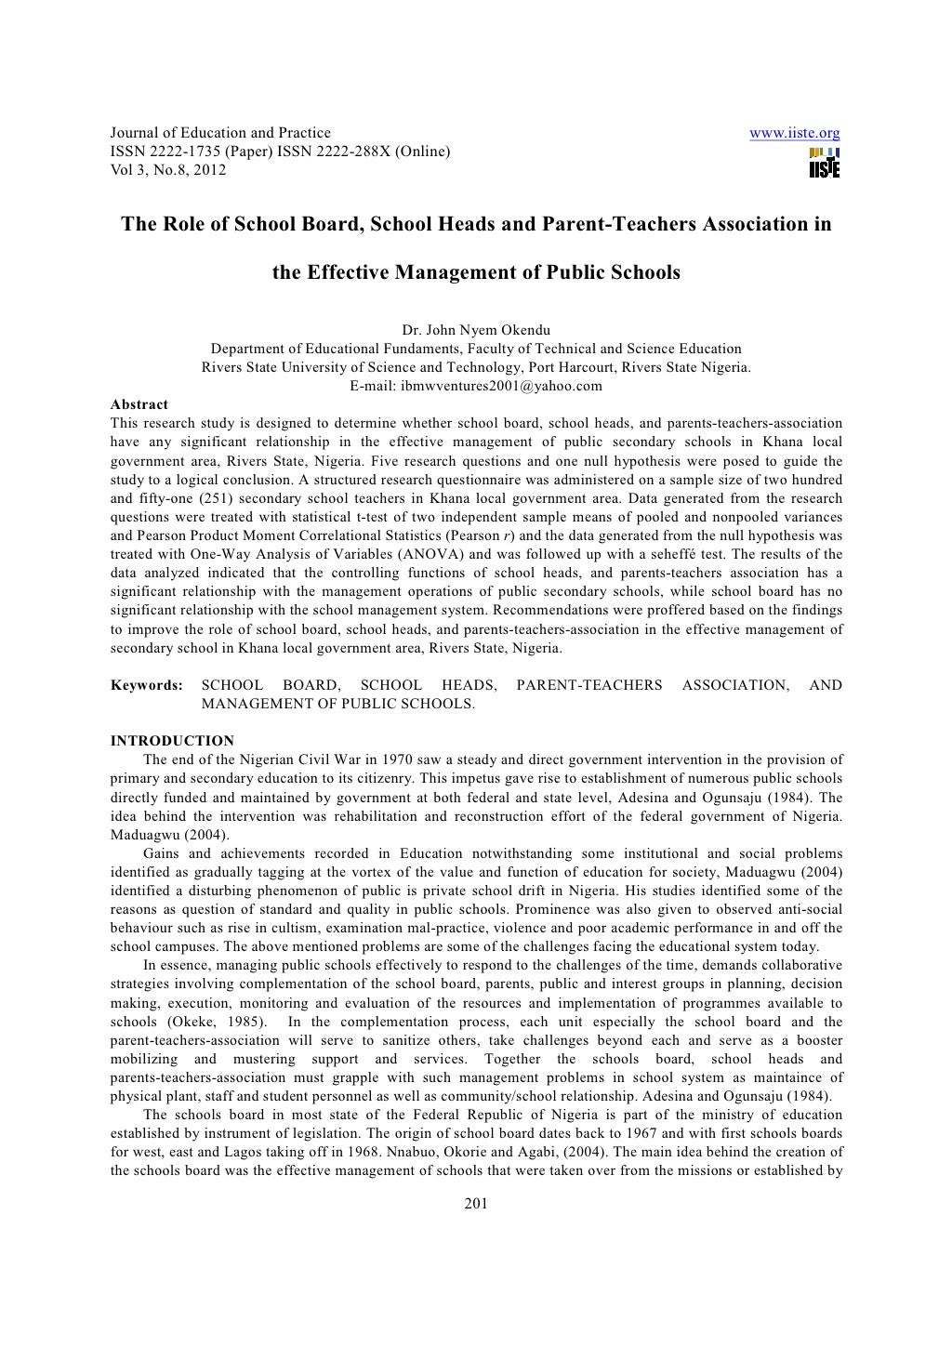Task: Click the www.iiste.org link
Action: pyautogui.click(x=794, y=134)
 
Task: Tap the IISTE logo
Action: pyautogui.click(x=824, y=164)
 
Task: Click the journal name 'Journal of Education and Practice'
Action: pyautogui.click(x=220, y=134)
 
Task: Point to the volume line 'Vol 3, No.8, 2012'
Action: pyautogui.click(x=168, y=170)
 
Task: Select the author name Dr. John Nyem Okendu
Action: pyautogui.click(x=475, y=331)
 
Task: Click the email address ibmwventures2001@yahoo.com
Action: pyautogui.click(x=475, y=386)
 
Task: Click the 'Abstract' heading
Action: pyautogui.click(x=139, y=404)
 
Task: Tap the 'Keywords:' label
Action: pyautogui.click(x=147, y=686)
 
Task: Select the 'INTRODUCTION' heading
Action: pyautogui.click(x=172, y=741)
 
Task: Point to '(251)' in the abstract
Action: pyautogui.click(x=212, y=498)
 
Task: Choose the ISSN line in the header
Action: pyautogui.click(x=280, y=152)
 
